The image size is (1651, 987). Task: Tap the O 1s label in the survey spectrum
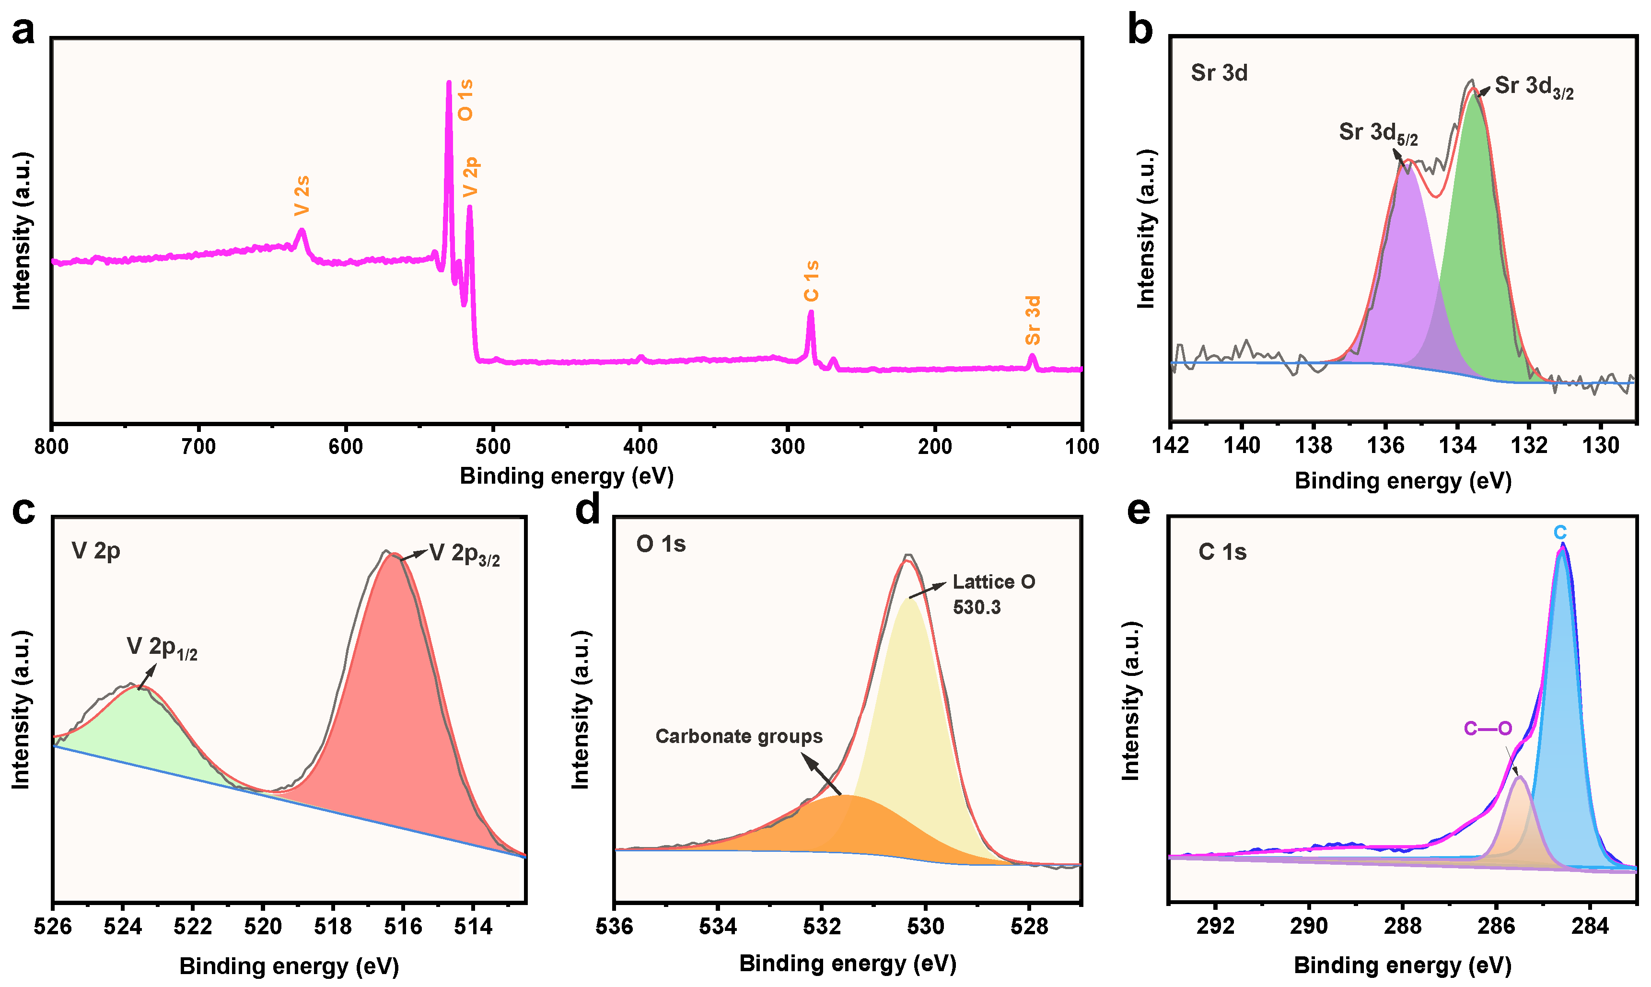click(465, 100)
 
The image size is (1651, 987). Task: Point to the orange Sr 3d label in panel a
click(1033, 321)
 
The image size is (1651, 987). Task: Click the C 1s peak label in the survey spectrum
click(811, 281)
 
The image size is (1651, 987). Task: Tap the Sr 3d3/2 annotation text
click(1533, 87)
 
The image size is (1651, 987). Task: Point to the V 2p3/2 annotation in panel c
click(464, 554)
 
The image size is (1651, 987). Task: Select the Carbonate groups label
click(739, 736)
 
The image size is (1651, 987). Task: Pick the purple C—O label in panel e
click(1488, 728)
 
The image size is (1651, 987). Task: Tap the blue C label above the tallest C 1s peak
click(1559, 533)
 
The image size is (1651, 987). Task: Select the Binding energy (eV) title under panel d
click(847, 963)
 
